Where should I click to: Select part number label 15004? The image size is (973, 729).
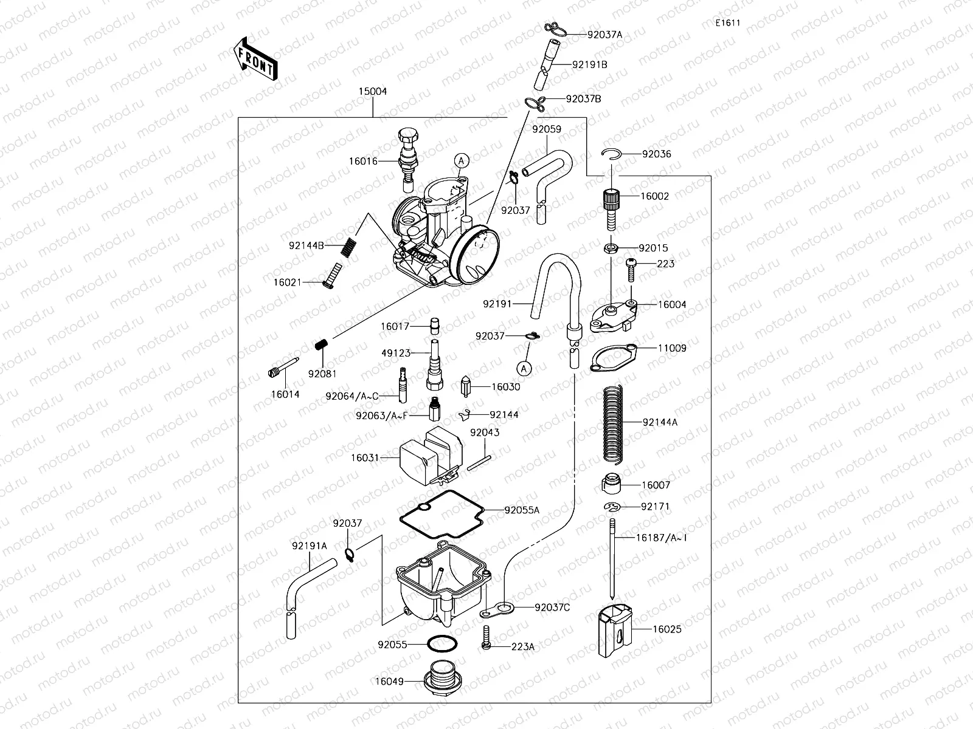(x=372, y=92)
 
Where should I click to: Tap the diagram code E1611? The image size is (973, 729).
(x=727, y=24)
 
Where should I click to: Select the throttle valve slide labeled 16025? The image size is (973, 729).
(x=614, y=630)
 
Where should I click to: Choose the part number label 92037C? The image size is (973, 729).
(x=552, y=607)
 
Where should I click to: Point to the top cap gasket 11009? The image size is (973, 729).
(x=613, y=358)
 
